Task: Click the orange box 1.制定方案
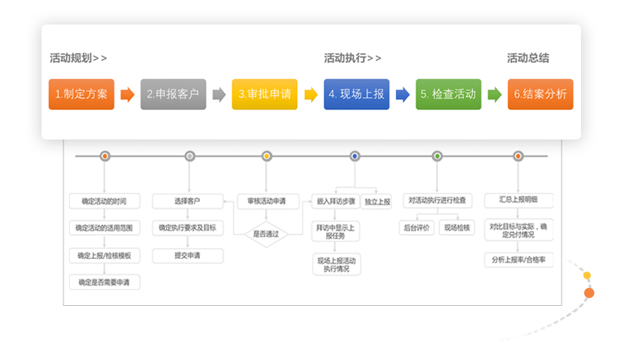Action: (82, 94)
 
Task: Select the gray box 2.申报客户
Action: (173, 94)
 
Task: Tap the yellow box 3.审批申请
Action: (264, 94)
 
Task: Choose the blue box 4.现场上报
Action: (357, 94)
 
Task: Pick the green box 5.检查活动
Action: (448, 94)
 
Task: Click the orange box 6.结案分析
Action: (540, 94)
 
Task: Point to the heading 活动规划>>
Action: (78, 58)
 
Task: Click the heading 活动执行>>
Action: (353, 58)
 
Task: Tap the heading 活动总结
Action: (528, 58)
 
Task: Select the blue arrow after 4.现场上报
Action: (402, 95)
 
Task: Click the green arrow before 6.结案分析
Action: (494, 95)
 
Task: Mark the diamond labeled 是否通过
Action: (267, 234)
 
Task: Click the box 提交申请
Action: (187, 256)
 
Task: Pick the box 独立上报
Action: (378, 202)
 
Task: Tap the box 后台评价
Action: (415, 228)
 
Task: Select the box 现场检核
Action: (458, 228)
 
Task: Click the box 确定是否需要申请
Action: (104, 282)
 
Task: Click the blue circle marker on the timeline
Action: (354, 157)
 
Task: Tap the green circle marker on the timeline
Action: (438, 157)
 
